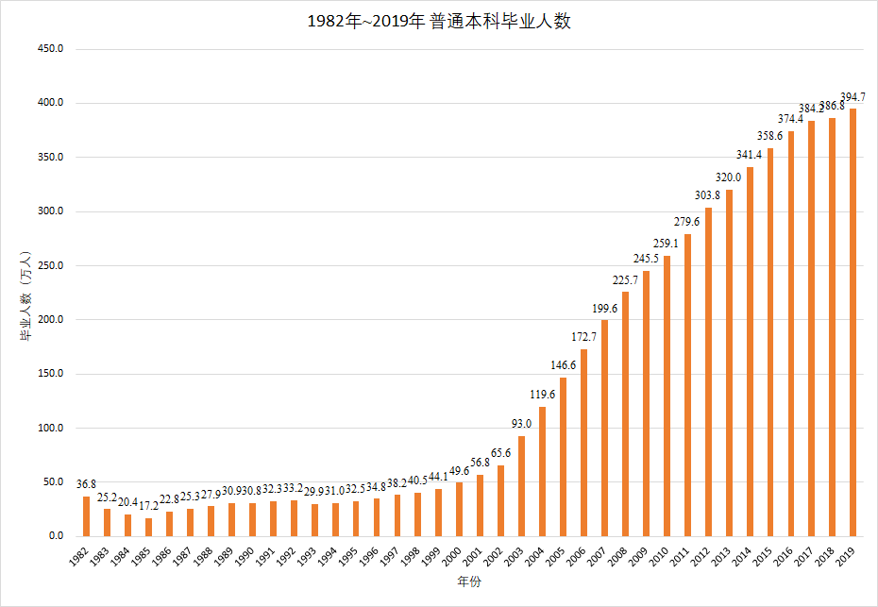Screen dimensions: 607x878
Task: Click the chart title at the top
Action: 439,22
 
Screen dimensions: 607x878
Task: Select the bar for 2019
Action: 853,322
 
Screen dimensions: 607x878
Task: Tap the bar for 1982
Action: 87,516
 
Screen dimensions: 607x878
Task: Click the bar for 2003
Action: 521,485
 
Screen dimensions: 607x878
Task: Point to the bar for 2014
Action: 750,351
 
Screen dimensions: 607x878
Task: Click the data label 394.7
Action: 853,97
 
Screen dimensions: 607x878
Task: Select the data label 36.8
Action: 87,484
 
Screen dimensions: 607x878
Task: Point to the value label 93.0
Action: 521,424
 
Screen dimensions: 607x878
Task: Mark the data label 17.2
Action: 149,506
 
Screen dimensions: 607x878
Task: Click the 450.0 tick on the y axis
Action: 50,48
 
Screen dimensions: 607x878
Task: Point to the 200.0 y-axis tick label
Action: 50,319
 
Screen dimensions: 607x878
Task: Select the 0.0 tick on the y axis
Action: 56,536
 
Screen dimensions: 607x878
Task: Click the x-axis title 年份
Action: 469,582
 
